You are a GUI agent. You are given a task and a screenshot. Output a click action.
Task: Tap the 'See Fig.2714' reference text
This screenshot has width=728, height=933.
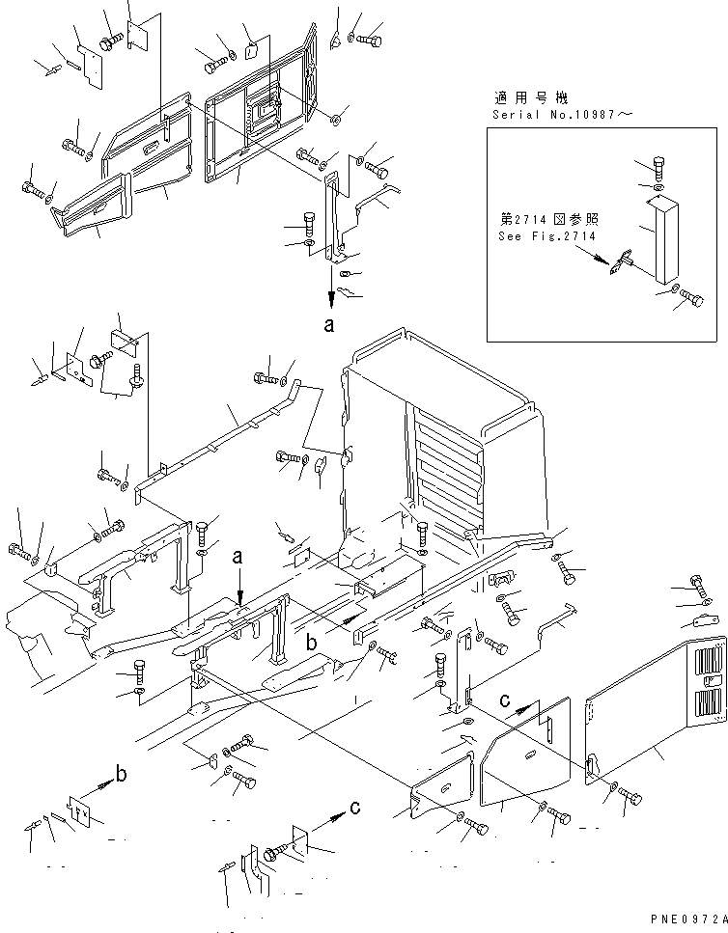(x=547, y=236)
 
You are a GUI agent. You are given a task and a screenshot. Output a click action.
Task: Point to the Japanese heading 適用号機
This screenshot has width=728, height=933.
(x=531, y=97)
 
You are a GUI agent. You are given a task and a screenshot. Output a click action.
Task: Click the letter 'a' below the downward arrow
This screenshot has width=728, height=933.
(x=329, y=326)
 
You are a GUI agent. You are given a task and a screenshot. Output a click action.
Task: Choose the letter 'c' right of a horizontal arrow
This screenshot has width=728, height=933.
(x=356, y=808)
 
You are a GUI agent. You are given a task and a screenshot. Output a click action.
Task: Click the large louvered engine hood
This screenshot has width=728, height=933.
(x=444, y=425)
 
